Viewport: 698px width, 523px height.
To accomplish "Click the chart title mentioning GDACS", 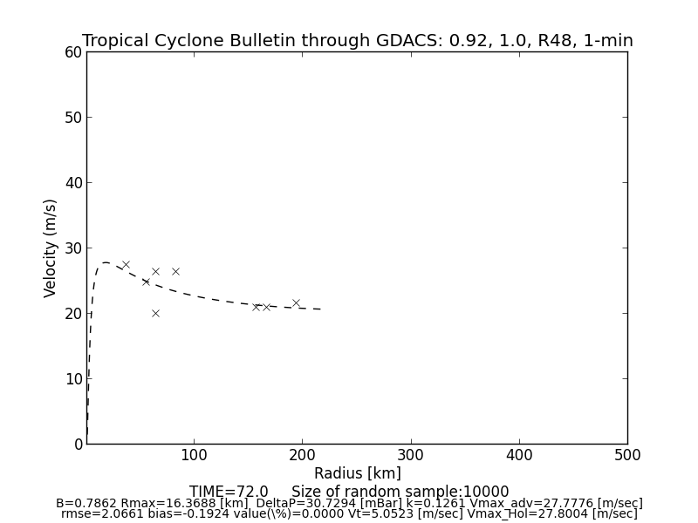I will coord(358,41).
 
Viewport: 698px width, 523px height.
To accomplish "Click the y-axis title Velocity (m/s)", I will coord(51,248).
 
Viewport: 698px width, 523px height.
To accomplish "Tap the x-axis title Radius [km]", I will coord(358,473).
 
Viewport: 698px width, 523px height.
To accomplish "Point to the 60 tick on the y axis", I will coord(72,52).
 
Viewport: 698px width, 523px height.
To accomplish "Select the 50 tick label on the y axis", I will coord(72,118).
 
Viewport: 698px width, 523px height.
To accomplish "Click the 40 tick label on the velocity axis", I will coord(72,183).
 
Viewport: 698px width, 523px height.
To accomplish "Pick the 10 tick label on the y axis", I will coord(72,379).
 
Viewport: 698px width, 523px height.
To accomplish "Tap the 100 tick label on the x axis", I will coord(194,455).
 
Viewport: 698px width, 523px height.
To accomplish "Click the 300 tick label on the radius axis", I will coord(411,455).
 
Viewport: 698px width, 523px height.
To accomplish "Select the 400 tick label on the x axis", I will coord(519,455).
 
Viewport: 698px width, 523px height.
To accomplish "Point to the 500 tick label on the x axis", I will coord(627,455).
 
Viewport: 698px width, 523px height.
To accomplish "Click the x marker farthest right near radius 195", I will coord(296,303).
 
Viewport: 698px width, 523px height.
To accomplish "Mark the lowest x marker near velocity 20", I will coord(155,313).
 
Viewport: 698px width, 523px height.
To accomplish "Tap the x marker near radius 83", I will coord(175,271).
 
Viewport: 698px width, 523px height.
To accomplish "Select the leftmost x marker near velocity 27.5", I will coord(126,264).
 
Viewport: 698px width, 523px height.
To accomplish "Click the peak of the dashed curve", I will coord(106,262).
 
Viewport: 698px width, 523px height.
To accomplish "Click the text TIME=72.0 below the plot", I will coord(229,492).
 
